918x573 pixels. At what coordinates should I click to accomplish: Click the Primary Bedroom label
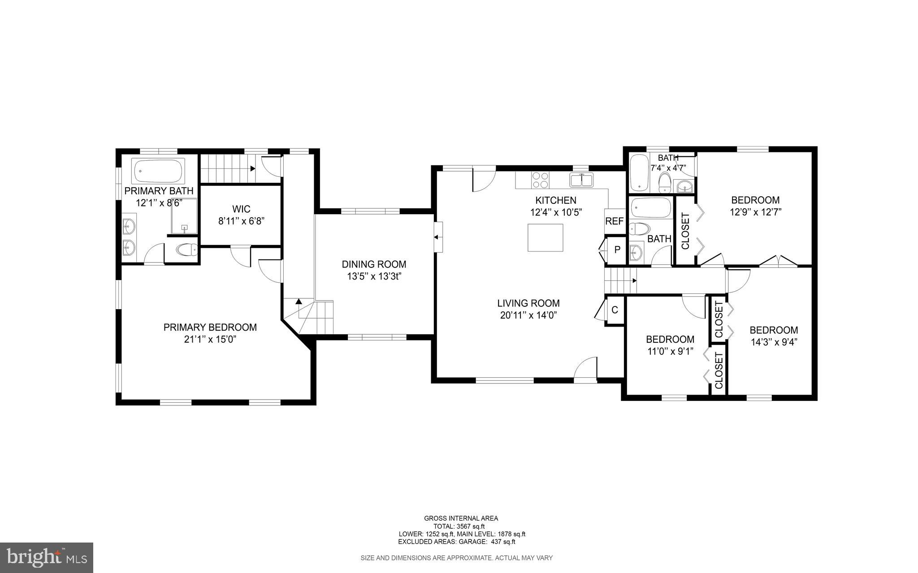(x=210, y=327)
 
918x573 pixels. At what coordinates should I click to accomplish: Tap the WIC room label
(x=241, y=209)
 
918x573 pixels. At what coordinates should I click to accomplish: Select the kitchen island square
(x=545, y=237)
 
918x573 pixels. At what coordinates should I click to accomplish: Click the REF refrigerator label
(x=614, y=221)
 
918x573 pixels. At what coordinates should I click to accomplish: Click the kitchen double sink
(x=581, y=180)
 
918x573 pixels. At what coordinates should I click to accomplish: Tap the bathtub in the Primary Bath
(x=159, y=171)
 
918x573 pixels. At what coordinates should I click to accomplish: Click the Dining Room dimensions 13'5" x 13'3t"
(x=373, y=276)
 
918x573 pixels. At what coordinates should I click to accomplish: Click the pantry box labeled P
(x=617, y=250)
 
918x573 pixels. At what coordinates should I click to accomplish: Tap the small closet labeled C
(x=615, y=310)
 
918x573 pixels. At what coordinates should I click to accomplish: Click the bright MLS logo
(x=47, y=557)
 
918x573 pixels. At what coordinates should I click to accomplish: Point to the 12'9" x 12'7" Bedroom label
(x=755, y=200)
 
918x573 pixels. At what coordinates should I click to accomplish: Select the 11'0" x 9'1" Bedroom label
(x=670, y=339)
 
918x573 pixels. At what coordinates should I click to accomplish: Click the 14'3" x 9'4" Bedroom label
(x=774, y=330)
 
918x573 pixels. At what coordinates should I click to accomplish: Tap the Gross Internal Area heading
(x=461, y=518)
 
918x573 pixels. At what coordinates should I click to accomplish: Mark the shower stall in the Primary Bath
(x=184, y=216)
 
